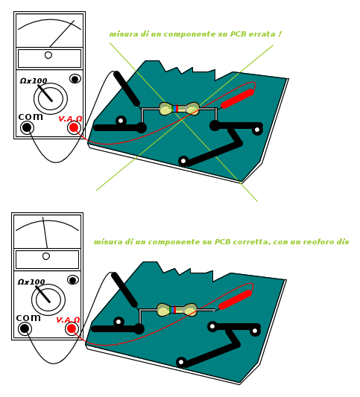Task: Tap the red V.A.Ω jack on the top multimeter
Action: pyautogui.click(x=74, y=127)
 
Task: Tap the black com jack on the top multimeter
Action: pyautogui.click(x=27, y=127)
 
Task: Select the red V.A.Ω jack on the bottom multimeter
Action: pyautogui.click(x=72, y=328)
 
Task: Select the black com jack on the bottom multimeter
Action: pyautogui.click(x=25, y=328)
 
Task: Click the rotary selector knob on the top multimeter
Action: pyautogui.click(x=51, y=98)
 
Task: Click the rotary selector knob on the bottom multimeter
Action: pyautogui.click(x=48, y=299)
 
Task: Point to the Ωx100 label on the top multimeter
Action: pyautogui.click(x=34, y=81)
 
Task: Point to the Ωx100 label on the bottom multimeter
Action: pyautogui.click(x=31, y=282)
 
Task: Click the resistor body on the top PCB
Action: pyautogui.click(x=179, y=109)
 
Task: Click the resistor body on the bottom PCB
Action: pyautogui.click(x=177, y=310)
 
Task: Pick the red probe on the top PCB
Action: pyautogui.click(x=237, y=98)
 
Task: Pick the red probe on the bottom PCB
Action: pyautogui.click(x=235, y=299)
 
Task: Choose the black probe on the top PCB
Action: pyautogui.click(x=127, y=89)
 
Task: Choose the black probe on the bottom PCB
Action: pyautogui.click(x=124, y=290)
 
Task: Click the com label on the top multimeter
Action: pyautogui.click(x=31, y=117)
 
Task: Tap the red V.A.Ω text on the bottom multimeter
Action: pyautogui.click(x=68, y=320)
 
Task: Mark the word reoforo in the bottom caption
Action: pyautogui.click(x=318, y=242)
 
